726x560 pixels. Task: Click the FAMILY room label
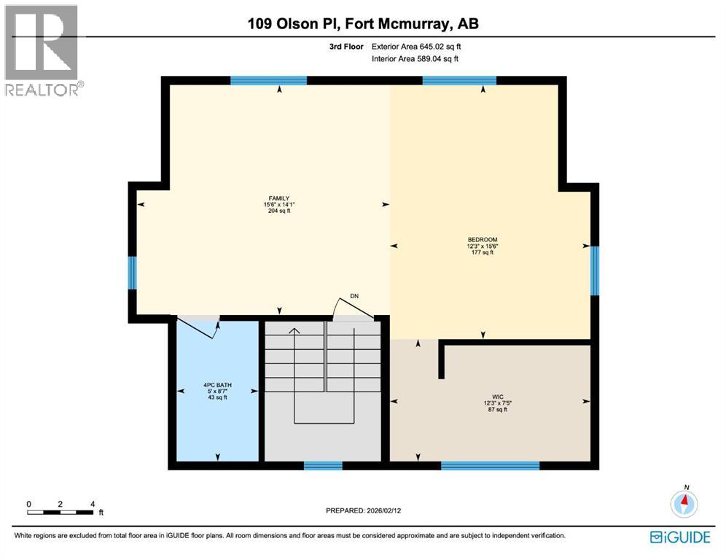tap(278, 198)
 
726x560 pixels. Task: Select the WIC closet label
tap(497, 397)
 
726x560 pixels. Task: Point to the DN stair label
tap(354, 296)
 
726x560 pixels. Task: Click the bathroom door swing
tap(199, 326)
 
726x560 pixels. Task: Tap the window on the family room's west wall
tap(132, 273)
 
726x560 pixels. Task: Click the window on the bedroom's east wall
tap(594, 271)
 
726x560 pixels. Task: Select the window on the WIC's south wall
tap(490, 465)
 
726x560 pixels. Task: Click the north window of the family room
tap(268, 81)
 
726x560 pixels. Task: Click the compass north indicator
tap(684, 502)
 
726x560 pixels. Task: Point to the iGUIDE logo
tap(679, 537)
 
